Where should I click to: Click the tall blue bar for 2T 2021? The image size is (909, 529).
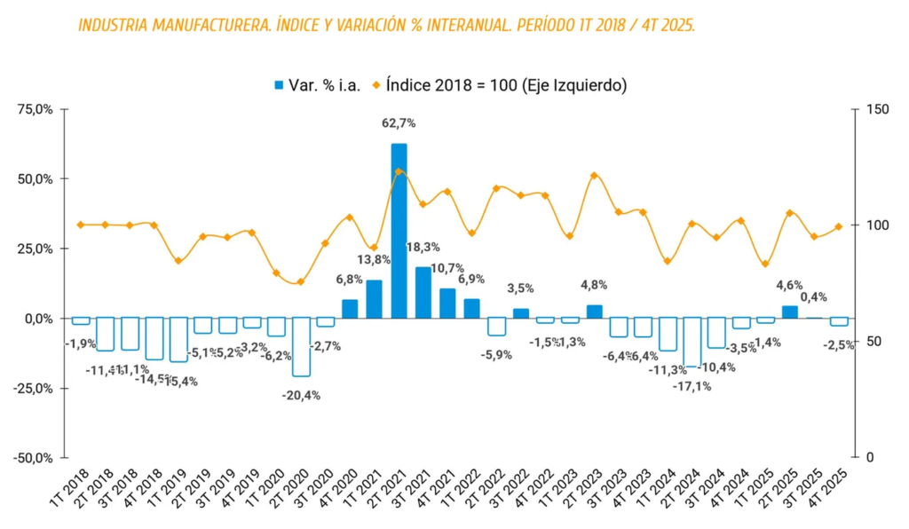click(399, 231)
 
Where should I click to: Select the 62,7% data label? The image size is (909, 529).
click(399, 123)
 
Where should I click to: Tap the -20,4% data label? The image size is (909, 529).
click(301, 396)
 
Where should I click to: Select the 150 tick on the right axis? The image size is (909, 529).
click(878, 109)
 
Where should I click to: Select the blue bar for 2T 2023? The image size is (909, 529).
click(595, 312)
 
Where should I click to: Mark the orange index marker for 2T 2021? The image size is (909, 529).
click(399, 172)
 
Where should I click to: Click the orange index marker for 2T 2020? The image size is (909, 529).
click(301, 282)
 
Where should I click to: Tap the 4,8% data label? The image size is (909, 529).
click(595, 286)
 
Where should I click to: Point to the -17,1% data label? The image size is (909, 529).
click(692, 386)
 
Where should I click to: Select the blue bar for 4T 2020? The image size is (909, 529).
click(350, 309)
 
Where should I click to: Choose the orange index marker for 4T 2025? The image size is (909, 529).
click(839, 226)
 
